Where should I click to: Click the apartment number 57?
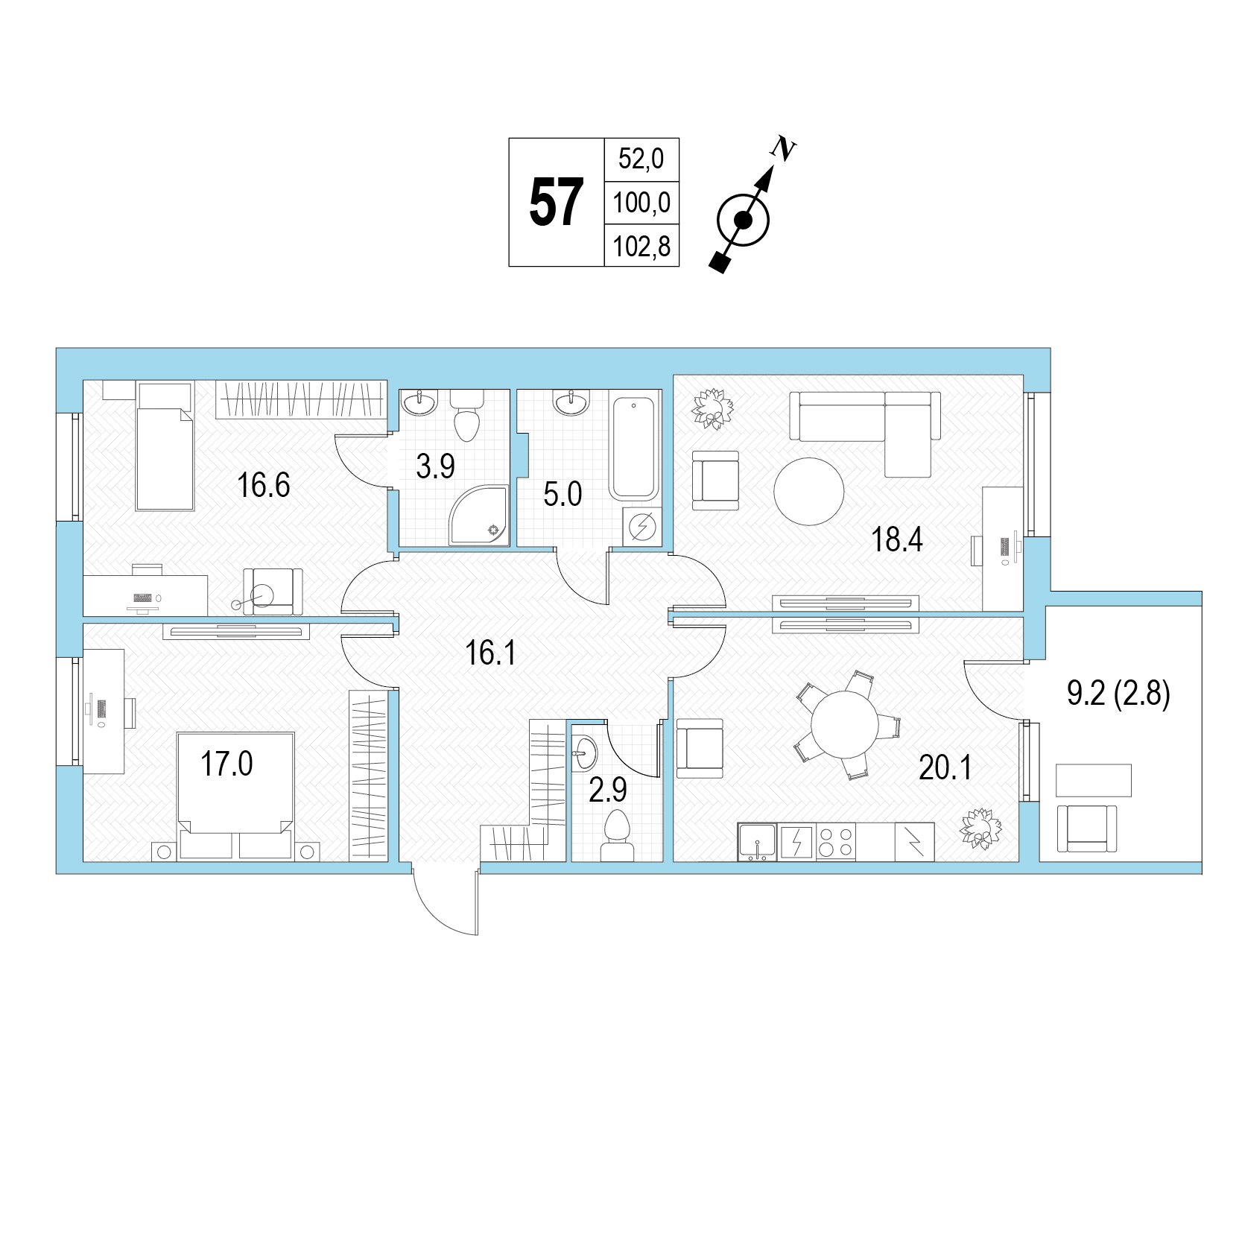(556, 203)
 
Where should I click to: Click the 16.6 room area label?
(263, 486)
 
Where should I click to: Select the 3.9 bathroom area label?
(435, 466)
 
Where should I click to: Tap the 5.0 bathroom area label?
(563, 494)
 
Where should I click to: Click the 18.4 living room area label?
(897, 539)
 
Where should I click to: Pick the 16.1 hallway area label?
(490, 653)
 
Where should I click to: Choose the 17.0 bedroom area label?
(227, 764)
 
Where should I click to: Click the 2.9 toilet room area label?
(608, 790)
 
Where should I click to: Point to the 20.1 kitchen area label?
(945, 767)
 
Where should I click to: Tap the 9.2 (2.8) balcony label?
(1118, 694)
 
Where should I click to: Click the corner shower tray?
(479, 515)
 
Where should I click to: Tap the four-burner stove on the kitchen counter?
(836, 842)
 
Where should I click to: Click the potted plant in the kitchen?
(980, 828)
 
